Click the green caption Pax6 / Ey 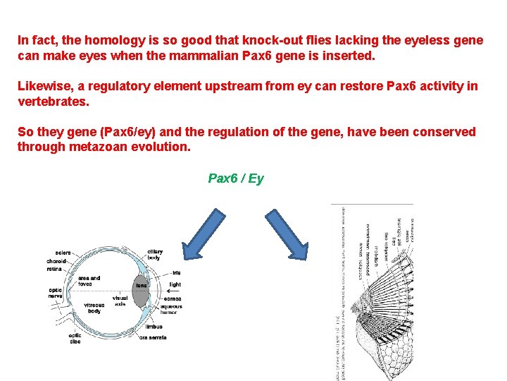[236, 179]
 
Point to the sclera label [63, 252]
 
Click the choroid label [57, 260]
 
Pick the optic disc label [74, 338]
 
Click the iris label [176, 272]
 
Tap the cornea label [172, 299]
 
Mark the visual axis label [120, 301]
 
